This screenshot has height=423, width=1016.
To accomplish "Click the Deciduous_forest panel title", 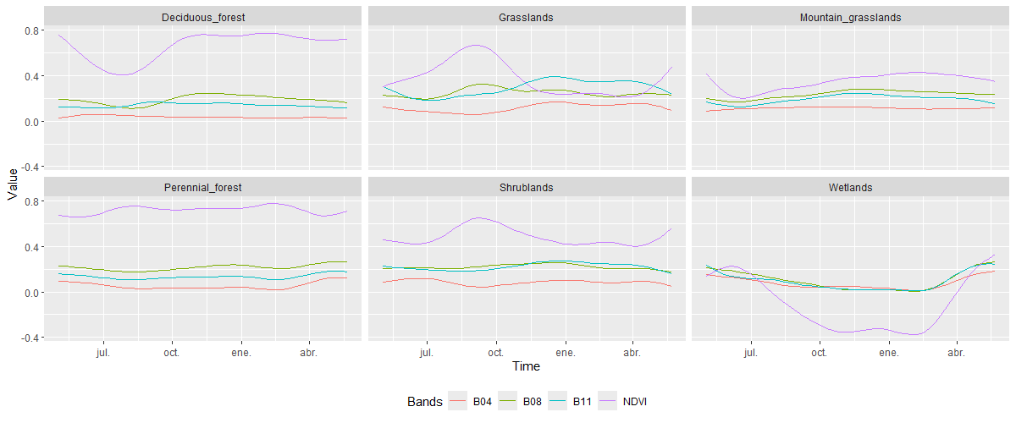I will pos(202,17).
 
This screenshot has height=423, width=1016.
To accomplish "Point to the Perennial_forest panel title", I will pos(202,187).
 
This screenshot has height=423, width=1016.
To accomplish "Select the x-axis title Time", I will pos(526,367).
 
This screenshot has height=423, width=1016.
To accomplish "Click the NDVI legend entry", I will pos(633,402).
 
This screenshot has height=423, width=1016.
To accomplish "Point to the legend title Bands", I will pos(424,402).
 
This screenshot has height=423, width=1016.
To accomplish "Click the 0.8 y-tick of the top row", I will pos(32,30).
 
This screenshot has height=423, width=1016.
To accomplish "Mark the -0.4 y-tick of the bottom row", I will pos(30,338).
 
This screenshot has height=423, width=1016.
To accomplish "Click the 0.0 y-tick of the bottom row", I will pos(32,292).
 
